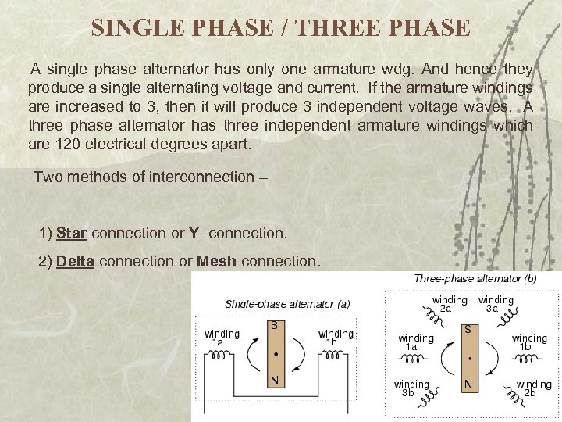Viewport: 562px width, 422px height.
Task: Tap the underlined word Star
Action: point(72,233)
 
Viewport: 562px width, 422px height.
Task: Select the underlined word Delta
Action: point(76,261)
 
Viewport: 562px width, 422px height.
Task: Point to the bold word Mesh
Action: point(218,261)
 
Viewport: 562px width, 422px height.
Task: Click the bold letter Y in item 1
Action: point(194,233)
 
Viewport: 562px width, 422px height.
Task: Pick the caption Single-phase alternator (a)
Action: point(287,304)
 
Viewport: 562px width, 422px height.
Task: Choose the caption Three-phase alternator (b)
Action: point(475,279)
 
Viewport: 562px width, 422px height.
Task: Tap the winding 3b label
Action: point(411,388)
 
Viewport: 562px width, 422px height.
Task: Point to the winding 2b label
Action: point(534,388)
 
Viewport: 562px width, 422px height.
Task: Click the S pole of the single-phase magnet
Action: point(275,327)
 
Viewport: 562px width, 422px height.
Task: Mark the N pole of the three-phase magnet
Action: point(468,384)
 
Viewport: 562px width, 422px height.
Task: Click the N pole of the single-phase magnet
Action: point(275,381)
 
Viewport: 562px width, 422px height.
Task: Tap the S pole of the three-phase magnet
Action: point(468,331)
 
